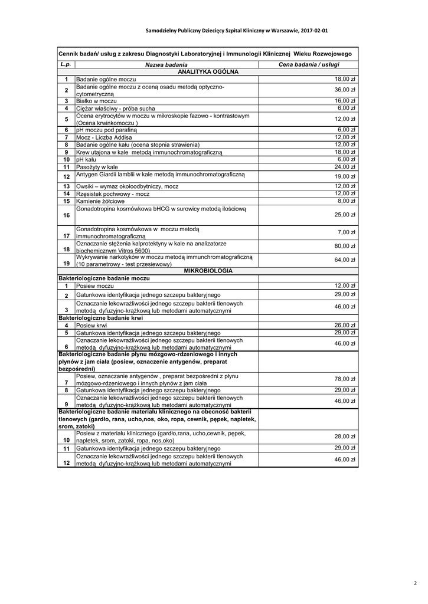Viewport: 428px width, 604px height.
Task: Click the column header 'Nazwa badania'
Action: tap(166, 64)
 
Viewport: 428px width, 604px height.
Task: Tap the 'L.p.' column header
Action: tap(66, 64)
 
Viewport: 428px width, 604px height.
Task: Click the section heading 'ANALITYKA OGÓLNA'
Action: tap(208, 71)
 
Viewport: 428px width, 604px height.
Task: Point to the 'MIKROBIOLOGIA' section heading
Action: tap(208, 271)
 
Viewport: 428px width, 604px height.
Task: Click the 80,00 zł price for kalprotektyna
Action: tap(345, 247)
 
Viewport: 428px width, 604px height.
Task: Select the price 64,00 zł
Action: tap(345, 260)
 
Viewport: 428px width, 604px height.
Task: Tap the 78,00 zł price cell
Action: tap(345, 379)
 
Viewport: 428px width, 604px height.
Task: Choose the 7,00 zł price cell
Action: tap(346, 232)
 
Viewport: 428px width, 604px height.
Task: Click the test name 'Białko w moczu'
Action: tap(97, 101)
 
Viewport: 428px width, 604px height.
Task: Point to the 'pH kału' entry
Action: tap(86, 160)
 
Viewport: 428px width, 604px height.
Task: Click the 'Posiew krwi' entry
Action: tap(92, 326)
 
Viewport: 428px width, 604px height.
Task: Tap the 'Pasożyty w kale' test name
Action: tap(97, 168)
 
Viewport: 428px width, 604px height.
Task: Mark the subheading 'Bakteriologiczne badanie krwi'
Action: tap(101, 318)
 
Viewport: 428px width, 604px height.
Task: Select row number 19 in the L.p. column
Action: tap(67, 264)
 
